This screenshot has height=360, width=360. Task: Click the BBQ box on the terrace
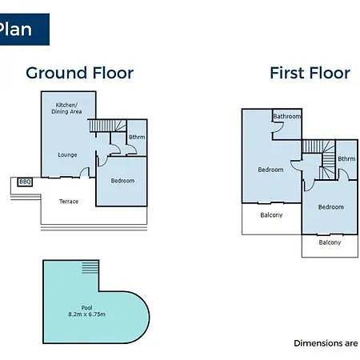[25, 182]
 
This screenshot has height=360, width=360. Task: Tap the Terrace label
[69, 202]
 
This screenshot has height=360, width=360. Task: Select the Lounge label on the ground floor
[67, 155]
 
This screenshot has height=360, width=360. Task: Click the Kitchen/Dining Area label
[66, 108]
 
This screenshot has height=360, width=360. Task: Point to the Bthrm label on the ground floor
[137, 137]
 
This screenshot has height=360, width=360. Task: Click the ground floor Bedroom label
[122, 181]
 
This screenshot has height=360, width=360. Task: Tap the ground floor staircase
[108, 126]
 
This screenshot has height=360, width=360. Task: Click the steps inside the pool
[90, 267]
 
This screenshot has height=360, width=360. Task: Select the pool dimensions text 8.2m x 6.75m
[86, 314]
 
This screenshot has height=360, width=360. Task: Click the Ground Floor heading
[80, 73]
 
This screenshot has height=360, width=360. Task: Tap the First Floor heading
[310, 73]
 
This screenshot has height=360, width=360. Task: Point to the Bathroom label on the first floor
[287, 117]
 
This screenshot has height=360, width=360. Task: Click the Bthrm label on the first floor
[346, 159]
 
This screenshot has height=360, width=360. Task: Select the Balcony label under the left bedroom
[271, 215]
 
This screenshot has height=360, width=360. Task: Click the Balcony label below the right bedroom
[330, 242]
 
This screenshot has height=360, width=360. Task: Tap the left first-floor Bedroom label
[270, 170]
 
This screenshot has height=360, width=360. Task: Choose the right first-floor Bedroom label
[331, 207]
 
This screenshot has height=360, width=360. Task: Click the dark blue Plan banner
[25, 30]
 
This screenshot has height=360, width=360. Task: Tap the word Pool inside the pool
[86, 308]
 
